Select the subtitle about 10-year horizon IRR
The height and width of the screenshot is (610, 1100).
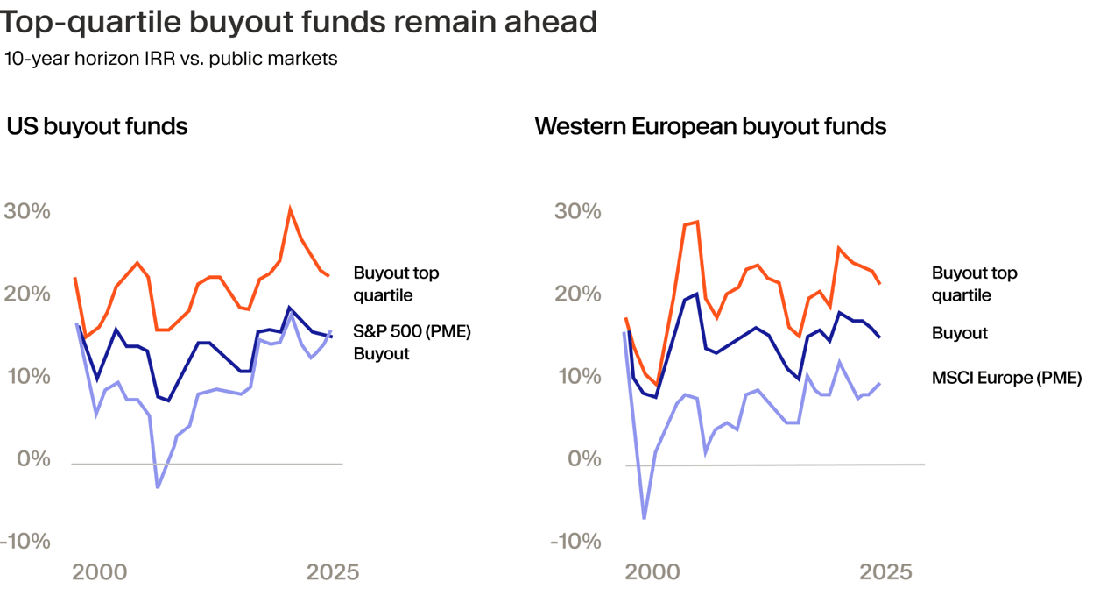coord(171,60)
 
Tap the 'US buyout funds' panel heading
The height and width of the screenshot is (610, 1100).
coord(97,126)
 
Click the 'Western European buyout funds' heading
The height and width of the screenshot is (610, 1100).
coord(710,126)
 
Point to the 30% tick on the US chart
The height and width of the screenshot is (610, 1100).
coord(27,212)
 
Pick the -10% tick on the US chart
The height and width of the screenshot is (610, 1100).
coord(25,542)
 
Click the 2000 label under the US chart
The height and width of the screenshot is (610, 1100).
coord(100,573)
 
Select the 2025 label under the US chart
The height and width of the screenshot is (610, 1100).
coord(333,573)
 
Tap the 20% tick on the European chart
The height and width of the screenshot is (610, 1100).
coord(577,294)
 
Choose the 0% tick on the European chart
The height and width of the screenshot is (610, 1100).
coord(582,459)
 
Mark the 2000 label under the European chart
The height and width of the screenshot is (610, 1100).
coord(652,573)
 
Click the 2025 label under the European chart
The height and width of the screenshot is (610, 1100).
coord(885,573)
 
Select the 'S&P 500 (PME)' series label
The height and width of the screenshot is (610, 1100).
coord(412,332)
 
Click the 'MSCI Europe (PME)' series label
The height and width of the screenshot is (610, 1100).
coord(1007,379)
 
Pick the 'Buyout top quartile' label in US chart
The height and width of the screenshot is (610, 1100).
coord(396,284)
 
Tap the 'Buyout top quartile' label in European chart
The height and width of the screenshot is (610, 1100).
coord(974,284)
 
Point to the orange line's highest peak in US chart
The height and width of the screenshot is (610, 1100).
coord(290,209)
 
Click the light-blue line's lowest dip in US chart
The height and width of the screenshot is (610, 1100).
coord(158,486)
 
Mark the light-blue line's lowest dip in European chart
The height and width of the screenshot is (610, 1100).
coord(645,518)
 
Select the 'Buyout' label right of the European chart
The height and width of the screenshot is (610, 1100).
coord(960,333)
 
